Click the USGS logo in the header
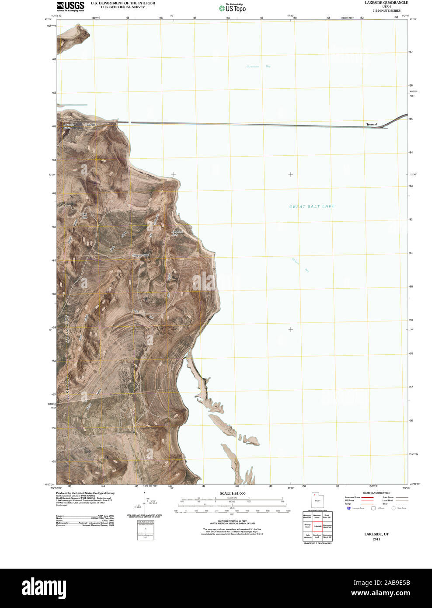point(70,6)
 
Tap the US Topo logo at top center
point(233,8)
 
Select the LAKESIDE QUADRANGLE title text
point(386,3)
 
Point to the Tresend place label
point(371,125)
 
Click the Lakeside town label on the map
point(91,125)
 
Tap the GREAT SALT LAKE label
point(312,206)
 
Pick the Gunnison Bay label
point(258,66)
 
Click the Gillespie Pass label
point(141,255)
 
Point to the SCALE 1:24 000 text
point(232,493)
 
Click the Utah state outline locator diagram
point(317,500)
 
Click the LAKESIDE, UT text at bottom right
point(376,534)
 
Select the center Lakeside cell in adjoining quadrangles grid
point(317,526)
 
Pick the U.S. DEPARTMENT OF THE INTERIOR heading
point(123,3)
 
